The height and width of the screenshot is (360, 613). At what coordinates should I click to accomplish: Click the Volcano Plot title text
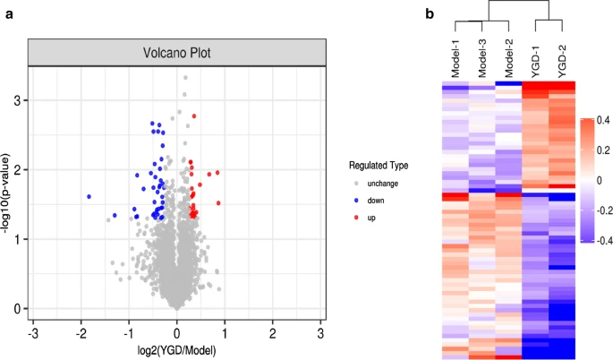(175, 53)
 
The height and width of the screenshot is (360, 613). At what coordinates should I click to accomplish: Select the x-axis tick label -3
(33, 333)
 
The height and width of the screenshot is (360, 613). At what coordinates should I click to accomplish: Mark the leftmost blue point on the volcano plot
(89, 196)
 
